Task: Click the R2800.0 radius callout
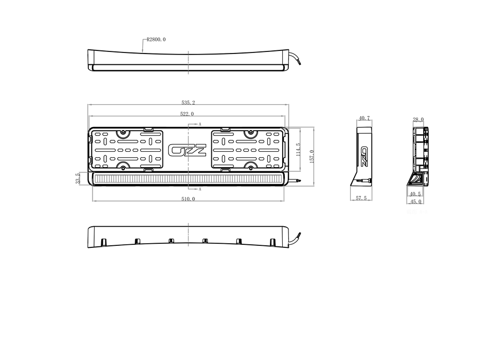156,40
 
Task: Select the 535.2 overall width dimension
188,102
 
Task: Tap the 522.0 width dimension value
187,114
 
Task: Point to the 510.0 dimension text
188,199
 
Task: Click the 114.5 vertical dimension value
298,150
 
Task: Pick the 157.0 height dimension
312,156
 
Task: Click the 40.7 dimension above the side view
364,118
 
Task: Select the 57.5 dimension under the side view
361,198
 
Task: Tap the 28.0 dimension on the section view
418,119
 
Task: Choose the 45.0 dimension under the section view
416,202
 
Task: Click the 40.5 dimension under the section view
415,194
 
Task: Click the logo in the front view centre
188,150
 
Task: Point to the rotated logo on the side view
364,156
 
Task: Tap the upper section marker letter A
199,124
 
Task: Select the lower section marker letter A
199,189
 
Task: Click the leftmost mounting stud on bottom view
103,242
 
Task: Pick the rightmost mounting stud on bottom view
272,242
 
